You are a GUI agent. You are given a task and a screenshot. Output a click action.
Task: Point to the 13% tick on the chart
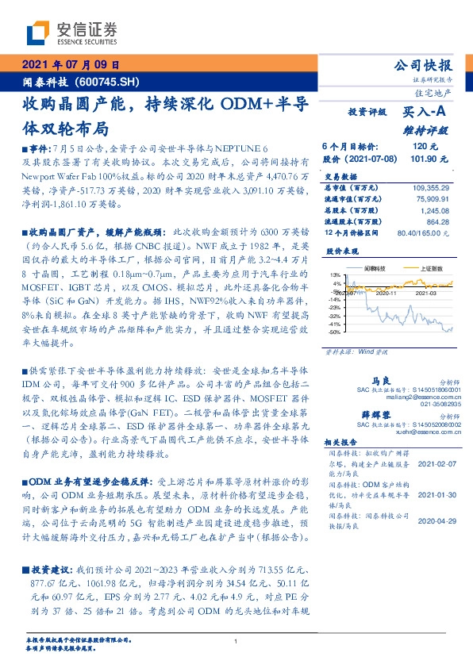point(337,274)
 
